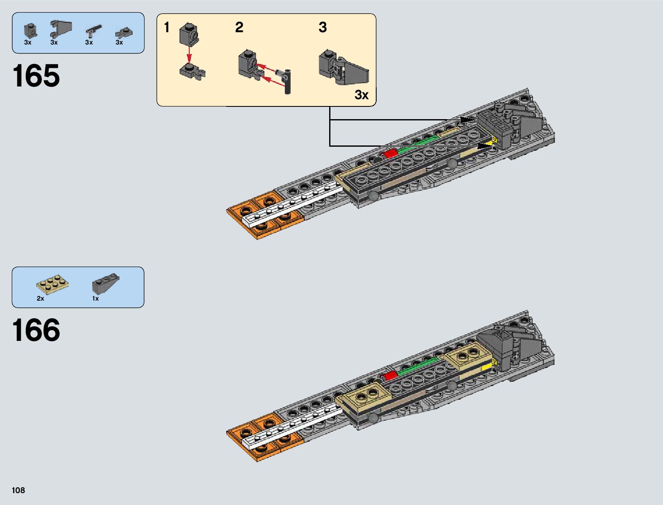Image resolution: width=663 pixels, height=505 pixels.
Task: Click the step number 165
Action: point(36,76)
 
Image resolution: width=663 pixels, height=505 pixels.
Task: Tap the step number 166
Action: point(36,330)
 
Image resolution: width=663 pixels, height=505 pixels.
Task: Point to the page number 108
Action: point(19,490)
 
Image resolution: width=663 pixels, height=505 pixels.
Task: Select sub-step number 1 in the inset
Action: point(167,28)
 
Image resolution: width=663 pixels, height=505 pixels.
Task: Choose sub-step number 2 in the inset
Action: point(239,28)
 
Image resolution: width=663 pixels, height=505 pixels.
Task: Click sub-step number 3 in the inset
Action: point(323,28)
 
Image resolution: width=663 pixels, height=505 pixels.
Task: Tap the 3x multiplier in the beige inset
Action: point(361,95)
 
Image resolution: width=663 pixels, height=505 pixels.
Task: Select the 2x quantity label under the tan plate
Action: point(40,299)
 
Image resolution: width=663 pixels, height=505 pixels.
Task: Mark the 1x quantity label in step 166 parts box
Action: point(95,299)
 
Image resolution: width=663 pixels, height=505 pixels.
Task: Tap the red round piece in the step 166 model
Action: point(389,375)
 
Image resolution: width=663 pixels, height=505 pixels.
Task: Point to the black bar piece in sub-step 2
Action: point(287,81)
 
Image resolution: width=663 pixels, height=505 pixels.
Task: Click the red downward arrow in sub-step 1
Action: point(189,54)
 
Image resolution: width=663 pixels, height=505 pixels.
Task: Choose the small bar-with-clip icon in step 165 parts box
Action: point(93,31)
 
